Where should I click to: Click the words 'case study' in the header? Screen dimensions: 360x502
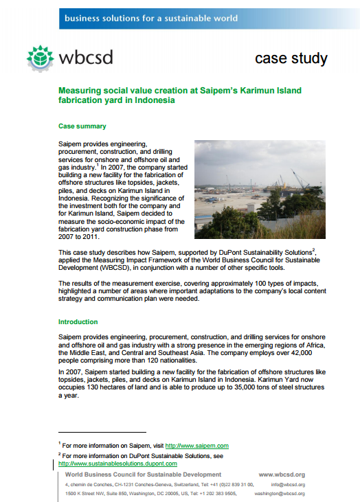coord(291,58)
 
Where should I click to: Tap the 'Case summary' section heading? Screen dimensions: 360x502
coord(82,126)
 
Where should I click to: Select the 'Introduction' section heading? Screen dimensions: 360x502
coord(78,321)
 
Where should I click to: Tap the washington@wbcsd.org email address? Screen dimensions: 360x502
coord(279,493)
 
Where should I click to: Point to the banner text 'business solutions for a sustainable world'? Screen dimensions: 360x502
coord(150,18)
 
